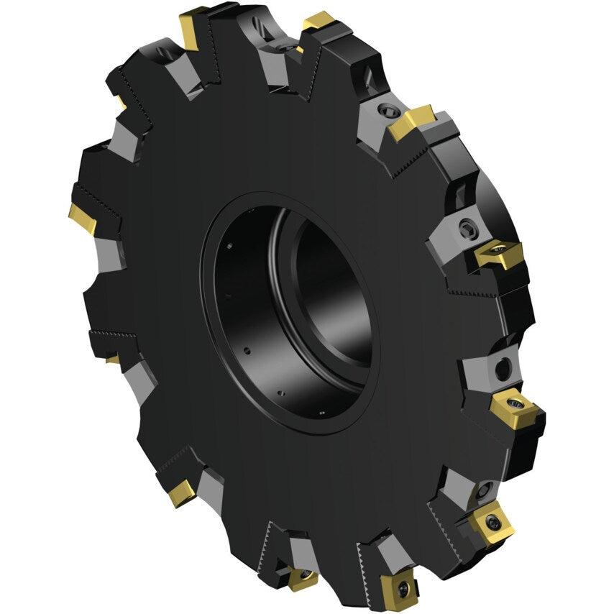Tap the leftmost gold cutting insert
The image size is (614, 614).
click(x=83, y=218)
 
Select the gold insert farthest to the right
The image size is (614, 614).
click(x=516, y=407)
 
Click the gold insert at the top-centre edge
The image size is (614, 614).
click(x=319, y=24)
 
